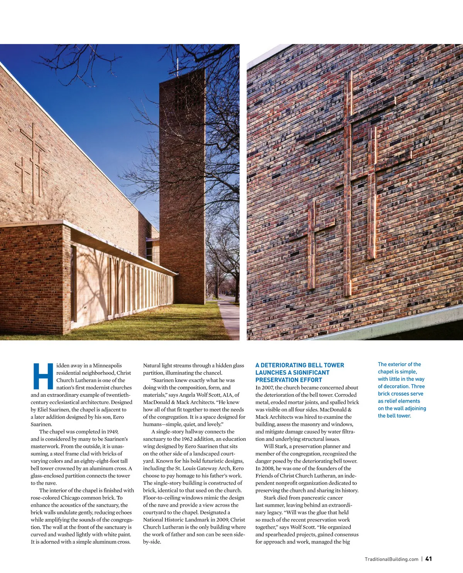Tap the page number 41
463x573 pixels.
pos(429,559)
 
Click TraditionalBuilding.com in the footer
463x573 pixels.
pos(391,559)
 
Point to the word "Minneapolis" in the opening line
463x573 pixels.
pos(107,366)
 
